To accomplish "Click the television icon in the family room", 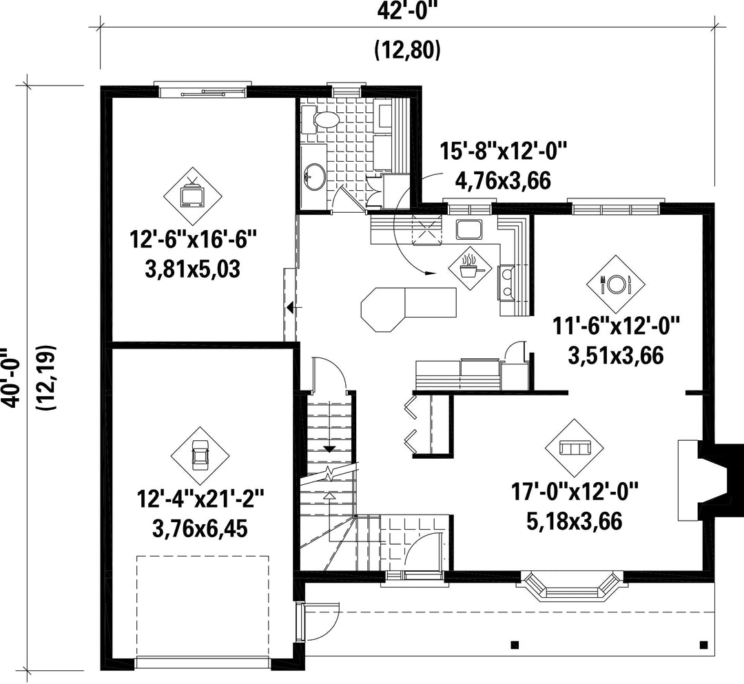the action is tap(192, 196).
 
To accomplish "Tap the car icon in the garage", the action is tap(200, 456).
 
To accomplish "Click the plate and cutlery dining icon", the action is tap(616, 284).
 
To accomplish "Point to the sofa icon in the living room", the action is tap(575, 448).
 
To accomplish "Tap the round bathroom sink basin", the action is tap(313, 176).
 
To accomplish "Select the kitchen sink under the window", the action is tap(469, 229).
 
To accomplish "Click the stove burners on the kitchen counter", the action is tap(508, 282).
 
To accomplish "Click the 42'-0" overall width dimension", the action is tap(406, 10).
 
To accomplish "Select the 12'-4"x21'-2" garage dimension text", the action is tap(200, 500).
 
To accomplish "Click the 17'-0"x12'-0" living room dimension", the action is tap(575, 492).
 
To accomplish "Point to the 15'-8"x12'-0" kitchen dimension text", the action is tap(503, 152).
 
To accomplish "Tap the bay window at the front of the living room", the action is tap(572, 586).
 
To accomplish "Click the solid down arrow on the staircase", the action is tap(329, 448).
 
